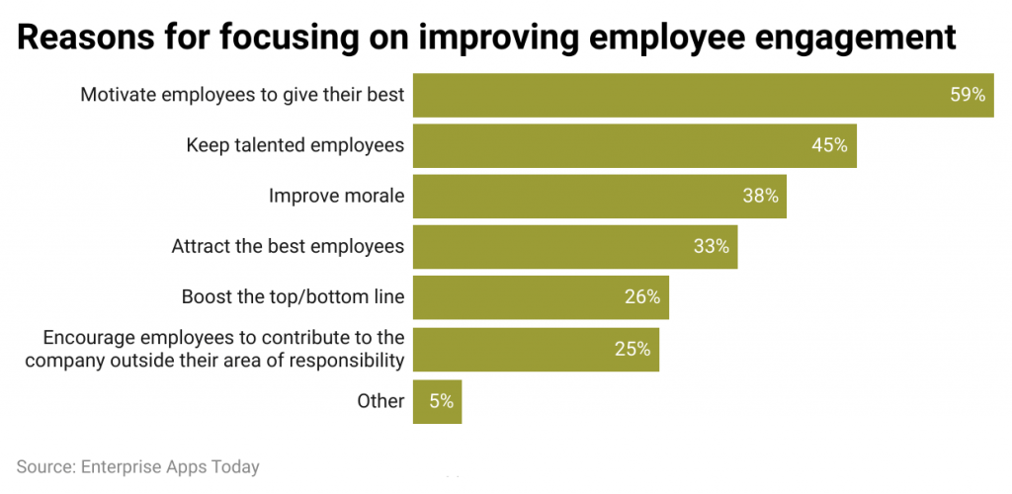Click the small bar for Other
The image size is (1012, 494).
pos(437,401)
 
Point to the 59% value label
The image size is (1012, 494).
pos(968,95)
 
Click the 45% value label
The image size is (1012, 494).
pos(829,145)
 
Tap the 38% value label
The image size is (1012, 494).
pos(760,196)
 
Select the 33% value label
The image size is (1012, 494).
pos(711,247)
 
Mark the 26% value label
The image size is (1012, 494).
pos(641,297)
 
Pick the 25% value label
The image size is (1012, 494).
pos(632,349)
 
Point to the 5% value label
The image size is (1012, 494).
pos(441,401)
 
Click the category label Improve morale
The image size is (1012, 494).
pos(336,196)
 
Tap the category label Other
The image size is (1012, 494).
pos(380,401)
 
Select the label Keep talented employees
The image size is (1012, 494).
pos(295,145)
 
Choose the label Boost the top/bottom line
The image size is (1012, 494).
pos(293,297)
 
